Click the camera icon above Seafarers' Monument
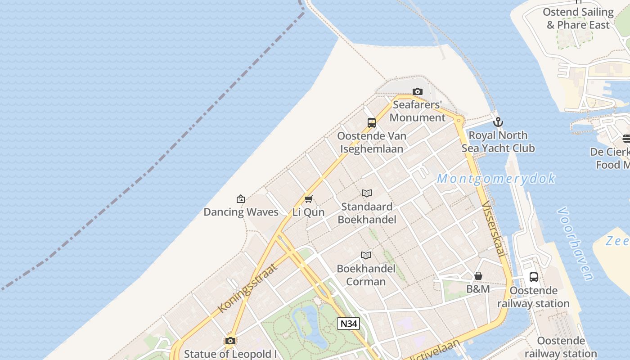click(418, 92)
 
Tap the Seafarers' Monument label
click(418, 111)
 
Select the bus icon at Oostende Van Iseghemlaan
click(372, 122)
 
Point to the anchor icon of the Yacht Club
click(498, 122)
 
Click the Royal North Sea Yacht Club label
click(498, 142)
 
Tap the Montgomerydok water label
click(496, 179)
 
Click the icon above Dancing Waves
click(241, 198)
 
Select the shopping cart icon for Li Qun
click(309, 199)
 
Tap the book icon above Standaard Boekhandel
click(367, 193)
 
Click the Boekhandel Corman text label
click(366, 275)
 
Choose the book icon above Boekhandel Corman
click(366, 256)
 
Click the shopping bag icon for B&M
click(478, 275)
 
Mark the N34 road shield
click(349, 323)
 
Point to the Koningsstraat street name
click(247, 288)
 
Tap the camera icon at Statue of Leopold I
click(230, 341)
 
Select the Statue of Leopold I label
click(230, 354)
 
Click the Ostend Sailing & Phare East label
click(578, 18)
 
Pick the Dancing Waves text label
click(241, 212)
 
